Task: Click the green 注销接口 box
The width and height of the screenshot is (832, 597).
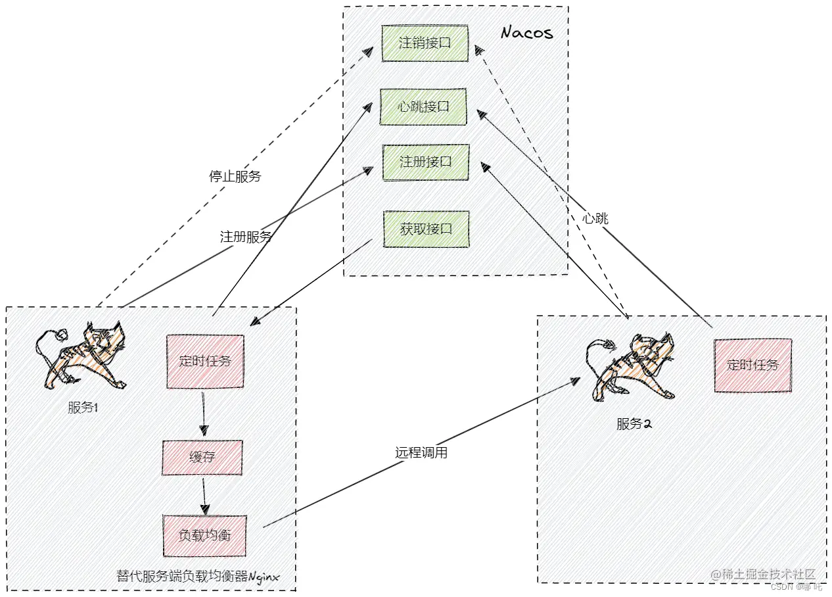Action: (425, 43)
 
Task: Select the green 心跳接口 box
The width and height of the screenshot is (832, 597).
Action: (424, 107)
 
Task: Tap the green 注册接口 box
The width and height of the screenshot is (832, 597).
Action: (426, 162)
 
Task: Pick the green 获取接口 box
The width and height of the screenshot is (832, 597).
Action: (426, 229)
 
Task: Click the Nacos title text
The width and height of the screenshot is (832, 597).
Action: (526, 33)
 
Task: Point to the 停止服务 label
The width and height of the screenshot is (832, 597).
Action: (235, 176)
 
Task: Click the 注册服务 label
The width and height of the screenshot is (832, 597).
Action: (246, 237)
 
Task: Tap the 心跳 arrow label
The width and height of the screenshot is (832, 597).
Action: (595, 218)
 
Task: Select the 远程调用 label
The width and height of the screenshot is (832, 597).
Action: (421, 452)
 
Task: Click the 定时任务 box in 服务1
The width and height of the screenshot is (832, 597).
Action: (205, 361)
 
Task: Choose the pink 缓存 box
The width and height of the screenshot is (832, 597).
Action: (202, 457)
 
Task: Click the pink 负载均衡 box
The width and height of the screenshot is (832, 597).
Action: (204, 535)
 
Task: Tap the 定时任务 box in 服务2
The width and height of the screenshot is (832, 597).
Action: (752, 365)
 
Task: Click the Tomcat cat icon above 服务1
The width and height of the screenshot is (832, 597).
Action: (82, 355)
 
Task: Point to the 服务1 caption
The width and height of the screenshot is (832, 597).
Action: (83, 408)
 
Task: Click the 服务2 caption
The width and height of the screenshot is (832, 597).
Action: (634, 424)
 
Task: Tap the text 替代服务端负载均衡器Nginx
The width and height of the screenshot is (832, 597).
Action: (198, 577)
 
